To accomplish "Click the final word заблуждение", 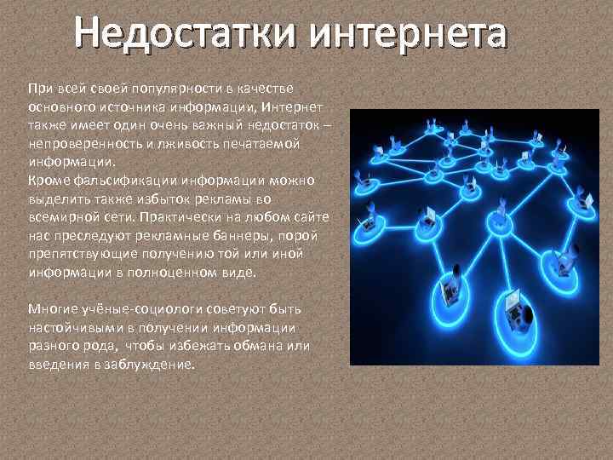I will (154, 365).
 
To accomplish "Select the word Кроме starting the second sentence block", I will (45, 181).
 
